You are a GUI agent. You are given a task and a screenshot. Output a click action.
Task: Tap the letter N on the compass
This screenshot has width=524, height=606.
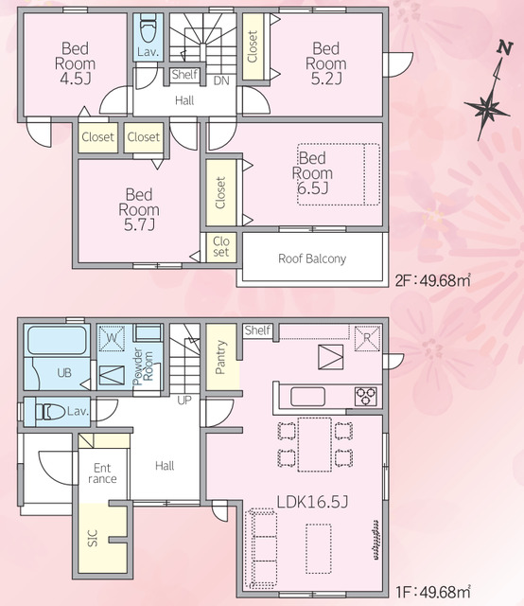(505, 48)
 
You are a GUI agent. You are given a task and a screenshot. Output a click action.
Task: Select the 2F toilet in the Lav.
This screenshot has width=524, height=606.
(148, 28)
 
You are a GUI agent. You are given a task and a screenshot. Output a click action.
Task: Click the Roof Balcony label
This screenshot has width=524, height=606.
(312, 258)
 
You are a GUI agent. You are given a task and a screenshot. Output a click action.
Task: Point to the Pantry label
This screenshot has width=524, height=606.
(220, 357)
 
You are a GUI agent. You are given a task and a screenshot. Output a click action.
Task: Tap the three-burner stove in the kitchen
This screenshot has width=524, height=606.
(366, 396)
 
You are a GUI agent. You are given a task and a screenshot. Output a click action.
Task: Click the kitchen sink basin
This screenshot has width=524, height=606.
(307, 396)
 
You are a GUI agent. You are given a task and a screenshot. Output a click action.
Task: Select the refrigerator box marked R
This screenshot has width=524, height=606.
(367, 339)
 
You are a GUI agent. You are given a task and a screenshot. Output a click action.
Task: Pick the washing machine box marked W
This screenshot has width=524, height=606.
(112, 339)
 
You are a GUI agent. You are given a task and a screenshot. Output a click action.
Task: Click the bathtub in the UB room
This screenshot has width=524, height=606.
(57, 340)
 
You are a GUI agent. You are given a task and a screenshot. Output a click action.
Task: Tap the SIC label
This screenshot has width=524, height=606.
(93, 538)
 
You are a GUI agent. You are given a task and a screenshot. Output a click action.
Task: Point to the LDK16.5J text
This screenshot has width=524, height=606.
(312, 502)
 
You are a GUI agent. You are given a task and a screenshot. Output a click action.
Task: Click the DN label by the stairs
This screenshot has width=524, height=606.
(221, 80)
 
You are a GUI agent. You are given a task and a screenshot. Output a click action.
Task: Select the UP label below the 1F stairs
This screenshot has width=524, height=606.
(184, 400)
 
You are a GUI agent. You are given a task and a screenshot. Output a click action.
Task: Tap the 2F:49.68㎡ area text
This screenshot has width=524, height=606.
(433, 280)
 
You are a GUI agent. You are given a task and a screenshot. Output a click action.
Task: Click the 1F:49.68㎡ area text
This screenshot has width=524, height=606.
(433, 591)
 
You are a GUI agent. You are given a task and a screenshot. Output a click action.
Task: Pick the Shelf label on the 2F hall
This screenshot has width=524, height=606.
(184, 74)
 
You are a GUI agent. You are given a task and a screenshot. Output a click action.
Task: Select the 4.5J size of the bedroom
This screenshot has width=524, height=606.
(76, 79)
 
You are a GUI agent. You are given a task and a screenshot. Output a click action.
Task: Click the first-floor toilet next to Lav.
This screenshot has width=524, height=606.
(50, 412)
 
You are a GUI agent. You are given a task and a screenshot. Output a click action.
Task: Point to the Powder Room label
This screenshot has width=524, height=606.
(143, 366)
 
